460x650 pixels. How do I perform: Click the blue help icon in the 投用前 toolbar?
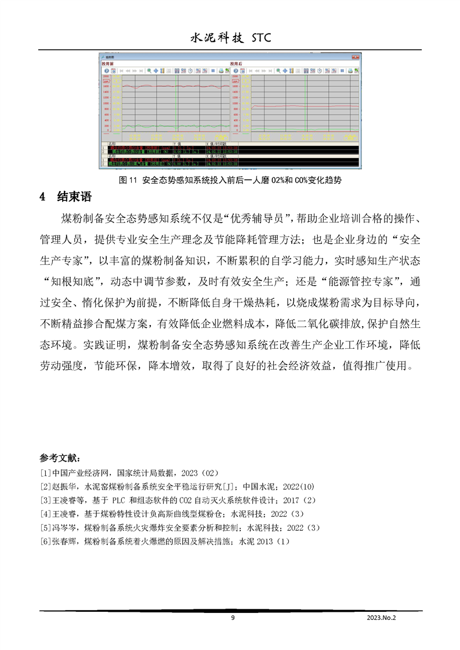(x=107, y=70)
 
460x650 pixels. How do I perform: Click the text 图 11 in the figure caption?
(x=126, y=180)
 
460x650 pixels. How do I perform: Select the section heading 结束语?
(x=74, y=196)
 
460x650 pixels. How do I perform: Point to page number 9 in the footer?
(x=233, y=618)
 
